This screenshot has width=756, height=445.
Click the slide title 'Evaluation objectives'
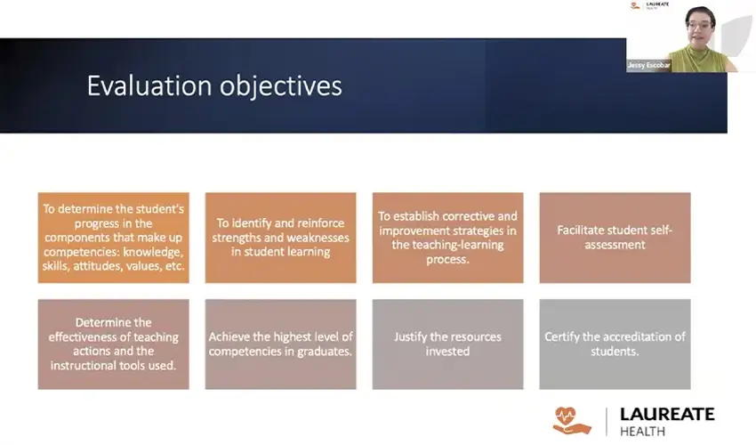213,86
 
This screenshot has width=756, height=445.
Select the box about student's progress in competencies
113,238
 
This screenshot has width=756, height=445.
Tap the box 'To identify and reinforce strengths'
280,238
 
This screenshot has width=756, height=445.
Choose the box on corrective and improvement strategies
447,238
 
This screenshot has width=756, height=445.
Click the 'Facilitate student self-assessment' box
615,238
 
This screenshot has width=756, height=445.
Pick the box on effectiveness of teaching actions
113,344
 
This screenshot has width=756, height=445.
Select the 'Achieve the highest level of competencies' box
280,344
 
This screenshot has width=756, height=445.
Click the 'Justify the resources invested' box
447,344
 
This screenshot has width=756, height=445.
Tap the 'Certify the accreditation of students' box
615,344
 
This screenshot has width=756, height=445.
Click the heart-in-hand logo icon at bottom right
571,420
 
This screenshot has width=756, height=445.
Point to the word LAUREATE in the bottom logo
667,415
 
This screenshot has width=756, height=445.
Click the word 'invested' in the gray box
447,351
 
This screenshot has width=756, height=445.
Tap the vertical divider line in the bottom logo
607,421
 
